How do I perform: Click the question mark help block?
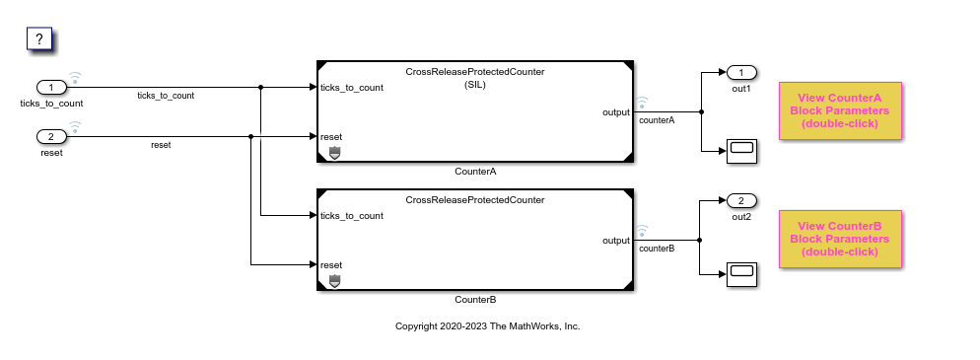[38, 38]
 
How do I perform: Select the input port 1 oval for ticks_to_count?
[52, 88]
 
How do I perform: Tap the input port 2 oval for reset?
[52, 136]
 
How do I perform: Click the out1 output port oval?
[741, 73]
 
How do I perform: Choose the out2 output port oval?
[741, 200]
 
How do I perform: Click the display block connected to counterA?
[741, 151]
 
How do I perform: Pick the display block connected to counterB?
[741, 274]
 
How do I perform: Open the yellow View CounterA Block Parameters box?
[840, 110]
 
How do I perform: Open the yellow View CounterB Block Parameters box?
[840, 239]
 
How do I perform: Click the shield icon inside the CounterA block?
[334, 153]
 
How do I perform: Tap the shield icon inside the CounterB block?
[334, 281]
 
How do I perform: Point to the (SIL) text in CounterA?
[475, 85]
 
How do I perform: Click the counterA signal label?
[657, 120]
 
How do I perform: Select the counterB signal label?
[657, 249]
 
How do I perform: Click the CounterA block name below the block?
[475, 172]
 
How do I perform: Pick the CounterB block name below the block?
[475, 300]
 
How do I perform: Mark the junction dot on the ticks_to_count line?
[260, 88]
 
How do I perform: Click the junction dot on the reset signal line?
[250, 136]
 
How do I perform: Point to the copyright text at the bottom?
[487, 325]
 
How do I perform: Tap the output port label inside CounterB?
[615, 240]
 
